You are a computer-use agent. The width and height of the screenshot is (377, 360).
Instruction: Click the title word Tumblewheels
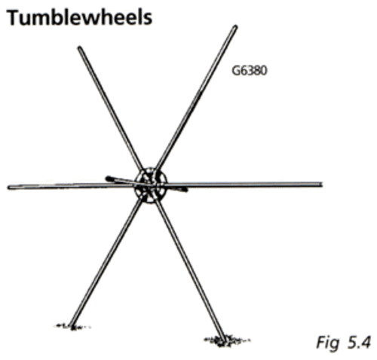coord(79,17)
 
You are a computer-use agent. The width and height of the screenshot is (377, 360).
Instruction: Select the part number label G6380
coord(249,71)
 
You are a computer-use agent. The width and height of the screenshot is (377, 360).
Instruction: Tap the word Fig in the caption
coord(327,343)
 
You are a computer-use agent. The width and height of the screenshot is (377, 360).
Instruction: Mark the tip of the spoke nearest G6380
coord(235,26)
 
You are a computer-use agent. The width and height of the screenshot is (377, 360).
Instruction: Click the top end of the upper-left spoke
coord(79,47)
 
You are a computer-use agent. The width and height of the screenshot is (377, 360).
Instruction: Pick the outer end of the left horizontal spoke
coord(9,188)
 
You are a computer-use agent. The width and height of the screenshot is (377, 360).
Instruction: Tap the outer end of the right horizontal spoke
coord(321,185)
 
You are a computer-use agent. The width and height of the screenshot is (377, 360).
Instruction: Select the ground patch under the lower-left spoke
coord(72,327)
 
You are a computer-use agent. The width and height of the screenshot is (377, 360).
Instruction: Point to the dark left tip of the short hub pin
coord(108,178)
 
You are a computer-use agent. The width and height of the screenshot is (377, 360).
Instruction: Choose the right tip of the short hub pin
coord(185,190)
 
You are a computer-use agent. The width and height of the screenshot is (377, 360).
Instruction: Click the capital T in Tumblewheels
coord(14,17)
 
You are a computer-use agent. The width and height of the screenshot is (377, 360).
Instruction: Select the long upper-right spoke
coord(196,97)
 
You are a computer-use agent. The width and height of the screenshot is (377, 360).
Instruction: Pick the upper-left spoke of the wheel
coord(111,108)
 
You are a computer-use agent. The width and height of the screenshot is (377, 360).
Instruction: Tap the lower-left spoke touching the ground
coord(106,263)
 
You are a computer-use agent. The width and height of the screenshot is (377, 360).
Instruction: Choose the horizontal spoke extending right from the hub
coord(244,185)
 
